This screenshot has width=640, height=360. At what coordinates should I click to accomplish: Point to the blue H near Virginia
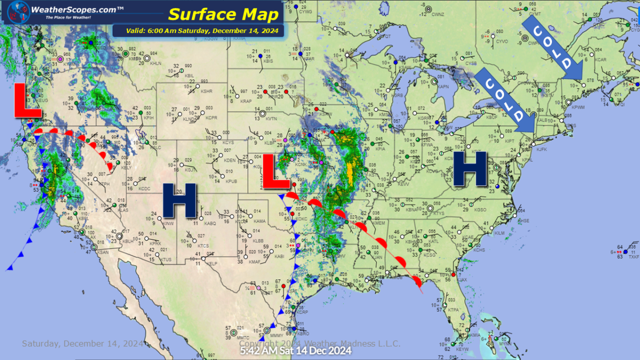470,169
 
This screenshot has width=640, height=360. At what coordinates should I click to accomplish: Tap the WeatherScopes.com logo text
70,9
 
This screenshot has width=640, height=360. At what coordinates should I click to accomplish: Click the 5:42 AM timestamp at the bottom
295,350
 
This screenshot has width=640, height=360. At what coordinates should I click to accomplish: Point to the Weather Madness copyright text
320,343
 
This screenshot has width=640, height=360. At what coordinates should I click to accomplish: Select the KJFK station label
542,149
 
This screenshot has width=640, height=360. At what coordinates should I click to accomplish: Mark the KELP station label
213,263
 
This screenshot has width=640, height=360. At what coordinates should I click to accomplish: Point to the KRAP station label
246,101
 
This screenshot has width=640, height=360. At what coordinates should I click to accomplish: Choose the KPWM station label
579,107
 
